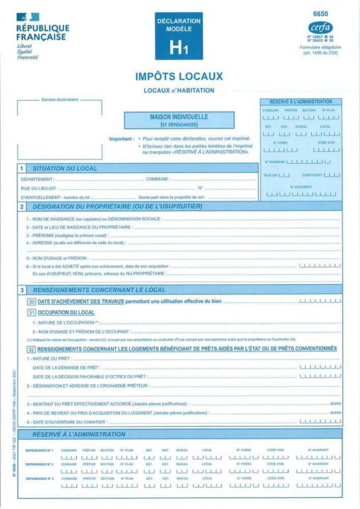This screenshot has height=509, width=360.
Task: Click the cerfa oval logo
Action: (x=320, y=28)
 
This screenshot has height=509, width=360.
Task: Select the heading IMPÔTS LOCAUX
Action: (x=179, y=76)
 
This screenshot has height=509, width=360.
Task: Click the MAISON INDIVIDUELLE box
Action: (x=179, y=120)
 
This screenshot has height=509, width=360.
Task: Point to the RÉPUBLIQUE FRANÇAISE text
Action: (x=42, y=32)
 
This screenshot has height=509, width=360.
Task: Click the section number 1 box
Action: (x=23, y=169)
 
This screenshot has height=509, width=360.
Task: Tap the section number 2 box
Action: (x=23, y=206)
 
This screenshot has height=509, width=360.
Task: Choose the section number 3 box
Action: (x=23, y=290)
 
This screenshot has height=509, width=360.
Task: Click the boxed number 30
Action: (x=31, y=301)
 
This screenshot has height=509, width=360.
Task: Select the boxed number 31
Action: (x=31, y=312)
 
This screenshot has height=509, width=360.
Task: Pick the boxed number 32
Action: (x=31, y=349)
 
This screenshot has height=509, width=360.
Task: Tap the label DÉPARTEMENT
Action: (x=37, y=179)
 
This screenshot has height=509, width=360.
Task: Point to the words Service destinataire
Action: (x=60, y=100)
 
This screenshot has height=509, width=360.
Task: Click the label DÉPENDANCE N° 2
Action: (x=40, y=464)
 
